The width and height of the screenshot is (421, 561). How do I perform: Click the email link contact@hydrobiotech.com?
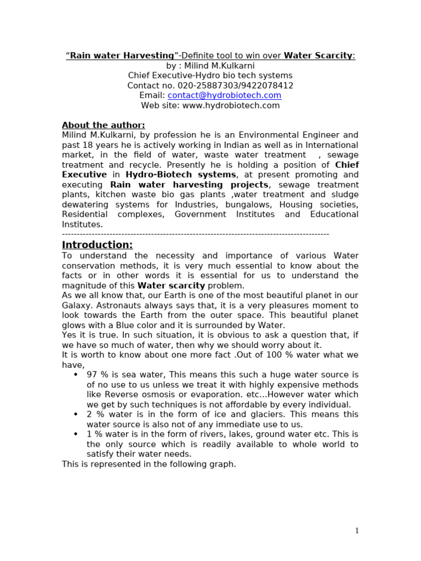pos(224,95)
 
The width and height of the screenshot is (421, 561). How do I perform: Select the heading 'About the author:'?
pos(103,125)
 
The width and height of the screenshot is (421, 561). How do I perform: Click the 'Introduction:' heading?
pos(97,244)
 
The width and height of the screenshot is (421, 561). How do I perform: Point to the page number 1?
pos(356,530)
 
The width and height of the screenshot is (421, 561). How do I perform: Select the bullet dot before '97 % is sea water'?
pos(75,374)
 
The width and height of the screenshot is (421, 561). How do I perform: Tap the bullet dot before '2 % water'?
pos(75,414)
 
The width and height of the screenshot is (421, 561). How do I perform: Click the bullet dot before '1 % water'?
pos(75,434)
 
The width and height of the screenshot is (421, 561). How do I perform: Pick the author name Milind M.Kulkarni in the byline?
pos(223,66)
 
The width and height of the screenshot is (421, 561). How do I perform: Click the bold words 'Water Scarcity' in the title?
pos(318,55)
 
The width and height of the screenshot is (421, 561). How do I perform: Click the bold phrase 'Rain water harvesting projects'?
pos(189,185)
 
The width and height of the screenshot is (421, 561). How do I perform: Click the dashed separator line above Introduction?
pos(195,234)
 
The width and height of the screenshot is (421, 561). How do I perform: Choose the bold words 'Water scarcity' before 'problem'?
pos(171,285)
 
